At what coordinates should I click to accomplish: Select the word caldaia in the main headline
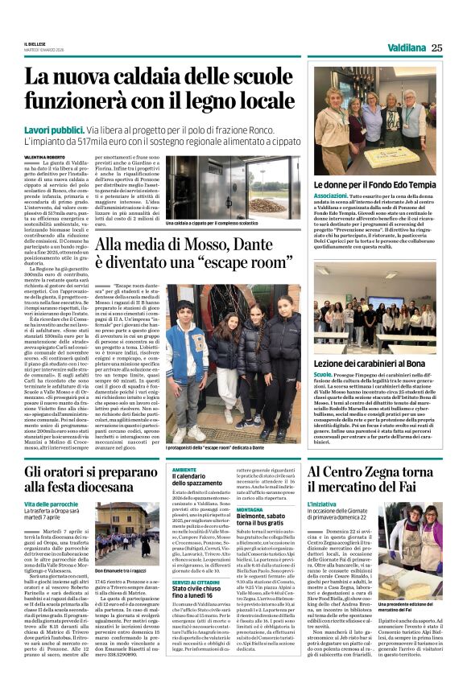[168, 76]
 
